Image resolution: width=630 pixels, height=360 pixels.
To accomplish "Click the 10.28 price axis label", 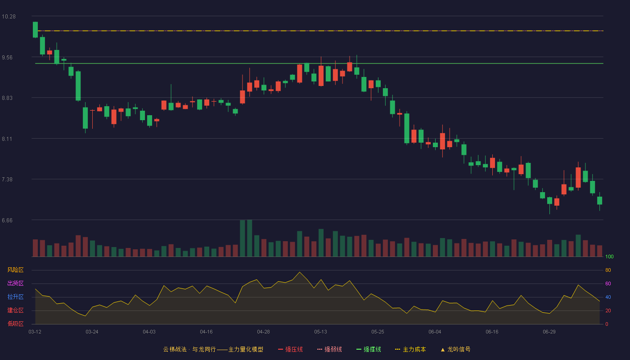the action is tap(9, 17).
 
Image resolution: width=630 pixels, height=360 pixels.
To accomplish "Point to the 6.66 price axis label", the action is tap(7, 220).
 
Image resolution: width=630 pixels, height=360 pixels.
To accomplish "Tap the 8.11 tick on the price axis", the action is tap(7, 139).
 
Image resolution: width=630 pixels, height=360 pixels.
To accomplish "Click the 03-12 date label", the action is tap(35, 332).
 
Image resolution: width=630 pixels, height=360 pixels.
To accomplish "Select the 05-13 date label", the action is tap(320, 332).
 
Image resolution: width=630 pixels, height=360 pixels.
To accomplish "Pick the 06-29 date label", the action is tap(549, 332).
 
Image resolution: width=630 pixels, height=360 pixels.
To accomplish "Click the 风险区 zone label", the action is tap(15, 270).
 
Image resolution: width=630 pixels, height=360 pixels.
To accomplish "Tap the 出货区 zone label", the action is tap(15, 283).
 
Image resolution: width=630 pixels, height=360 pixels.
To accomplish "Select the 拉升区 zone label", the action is tap(15, 297).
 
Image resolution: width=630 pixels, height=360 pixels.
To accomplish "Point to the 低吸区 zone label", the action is tap(15, 324).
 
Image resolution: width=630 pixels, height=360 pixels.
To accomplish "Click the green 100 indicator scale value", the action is tap(609, 256).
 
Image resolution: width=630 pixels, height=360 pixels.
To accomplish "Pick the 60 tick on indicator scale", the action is tap(608, 283).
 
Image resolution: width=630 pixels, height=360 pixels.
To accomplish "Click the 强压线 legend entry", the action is tap(290, 349).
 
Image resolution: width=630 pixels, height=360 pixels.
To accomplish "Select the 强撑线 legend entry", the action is tap(369, 349).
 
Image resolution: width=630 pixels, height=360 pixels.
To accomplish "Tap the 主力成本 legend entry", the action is tap(410, 349).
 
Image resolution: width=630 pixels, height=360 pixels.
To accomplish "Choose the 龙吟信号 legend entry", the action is tap(455, 349).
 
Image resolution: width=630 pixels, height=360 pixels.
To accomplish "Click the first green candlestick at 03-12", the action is tap(35, 30).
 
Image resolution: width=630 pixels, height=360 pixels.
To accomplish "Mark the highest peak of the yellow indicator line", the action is tap(300, 272).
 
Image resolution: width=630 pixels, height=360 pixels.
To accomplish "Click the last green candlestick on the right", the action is tap(599, 201).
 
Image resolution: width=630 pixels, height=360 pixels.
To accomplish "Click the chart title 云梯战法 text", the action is tap(175, 349).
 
